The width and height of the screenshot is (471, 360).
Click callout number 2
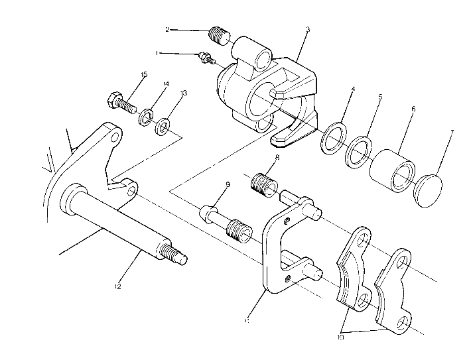167,29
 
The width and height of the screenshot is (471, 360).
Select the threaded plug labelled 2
217,33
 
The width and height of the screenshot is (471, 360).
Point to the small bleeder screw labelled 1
207,58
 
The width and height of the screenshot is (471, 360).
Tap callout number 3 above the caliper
308,30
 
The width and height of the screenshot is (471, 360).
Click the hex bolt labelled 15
120,103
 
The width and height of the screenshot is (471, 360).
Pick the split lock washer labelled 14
145,118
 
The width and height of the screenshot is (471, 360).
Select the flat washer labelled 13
163,125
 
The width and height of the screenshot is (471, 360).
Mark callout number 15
144,74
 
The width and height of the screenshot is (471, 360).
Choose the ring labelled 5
358,151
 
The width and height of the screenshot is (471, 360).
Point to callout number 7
452,133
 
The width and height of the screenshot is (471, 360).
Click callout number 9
227,186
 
